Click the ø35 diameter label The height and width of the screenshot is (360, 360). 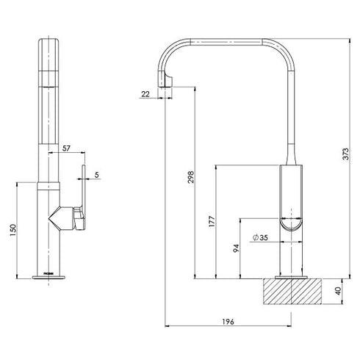coord(259,237)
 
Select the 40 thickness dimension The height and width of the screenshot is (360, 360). coord(337,291)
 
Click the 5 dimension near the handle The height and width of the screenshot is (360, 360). coord(97,175)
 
